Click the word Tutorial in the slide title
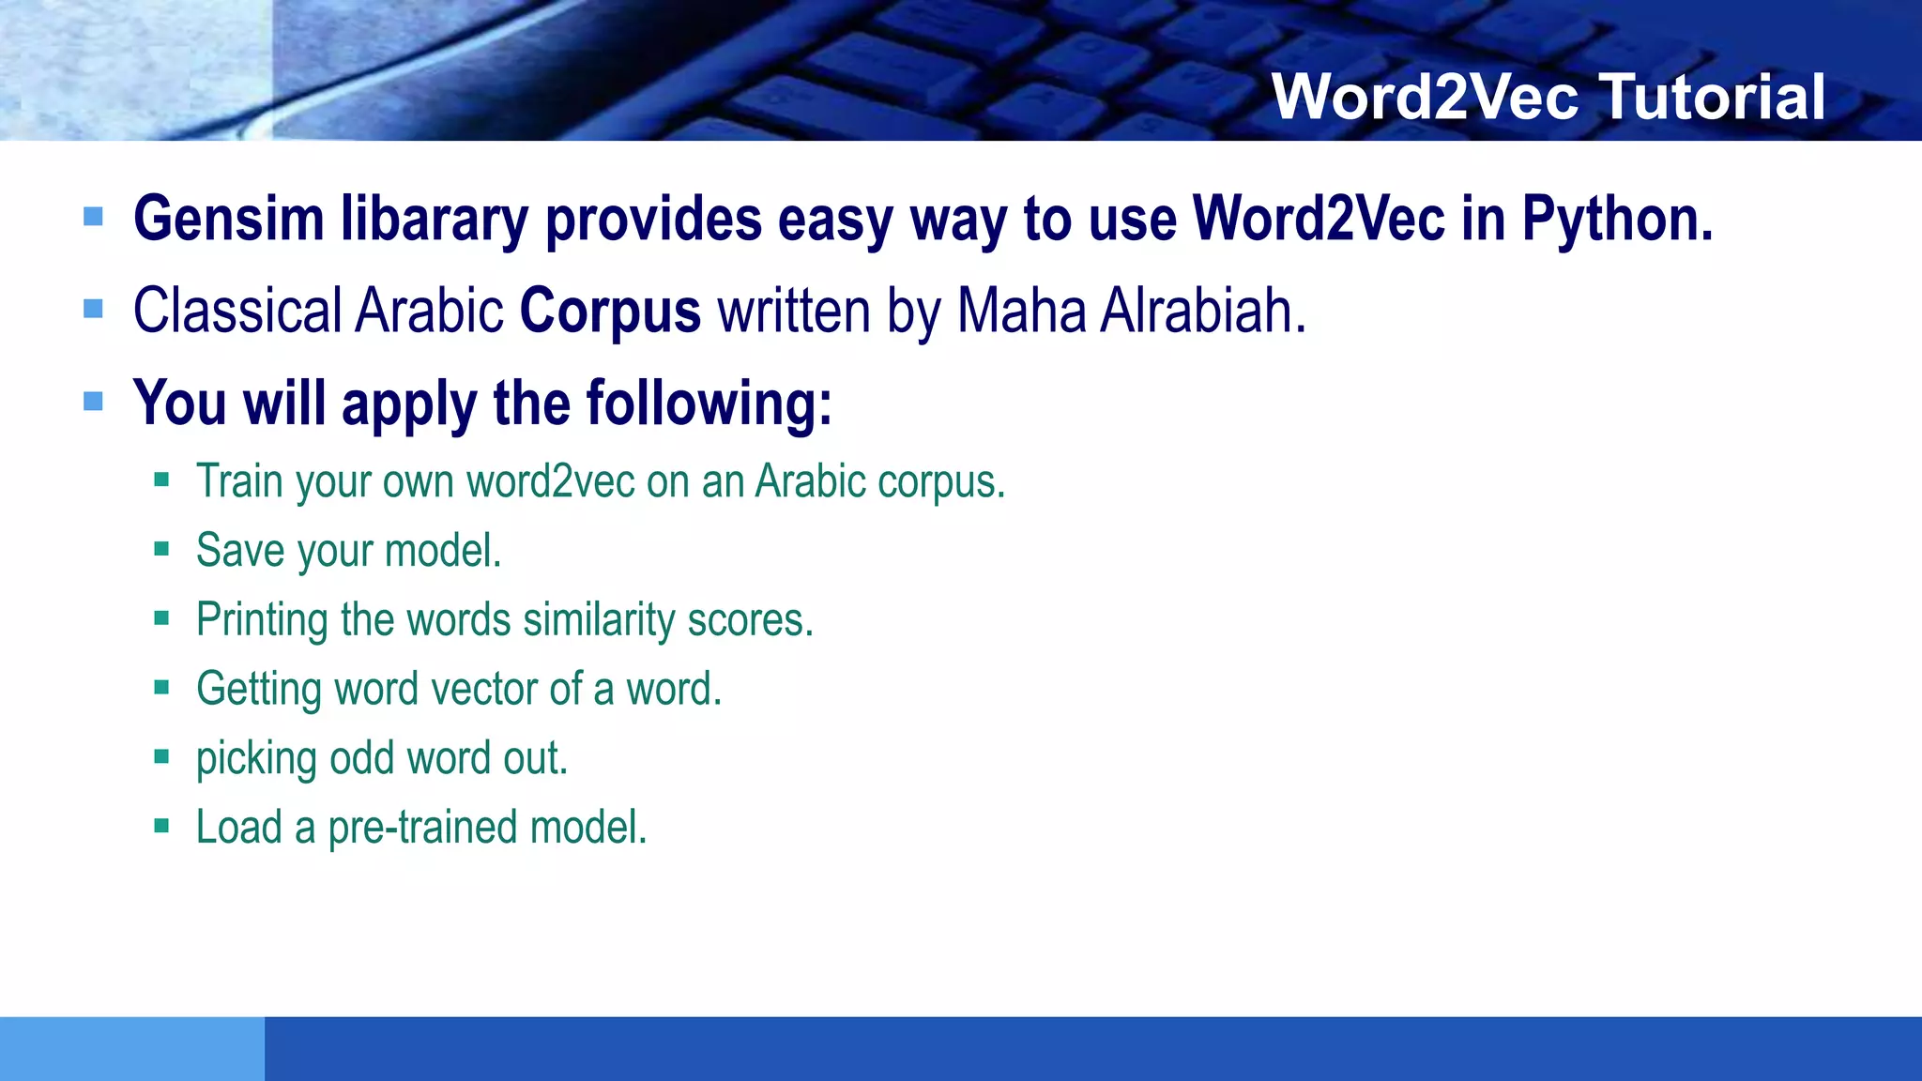click(x=1713, y=97)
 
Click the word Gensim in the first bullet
click(x=228, y=220)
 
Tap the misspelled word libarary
click(x=435, y=220)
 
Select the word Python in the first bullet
click(x=1616, y=220)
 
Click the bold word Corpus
click(x=610, y=311)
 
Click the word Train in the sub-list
click(x=239, y=481)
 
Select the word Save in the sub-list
click(x=239, y=551)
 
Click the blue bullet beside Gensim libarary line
click(x=93, y=218)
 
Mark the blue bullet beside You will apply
click(x=93, y=402)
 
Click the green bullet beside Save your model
click(x=161, y=550)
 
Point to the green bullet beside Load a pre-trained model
click(x=161, y=827)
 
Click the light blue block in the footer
click(x=131, y=1048)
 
